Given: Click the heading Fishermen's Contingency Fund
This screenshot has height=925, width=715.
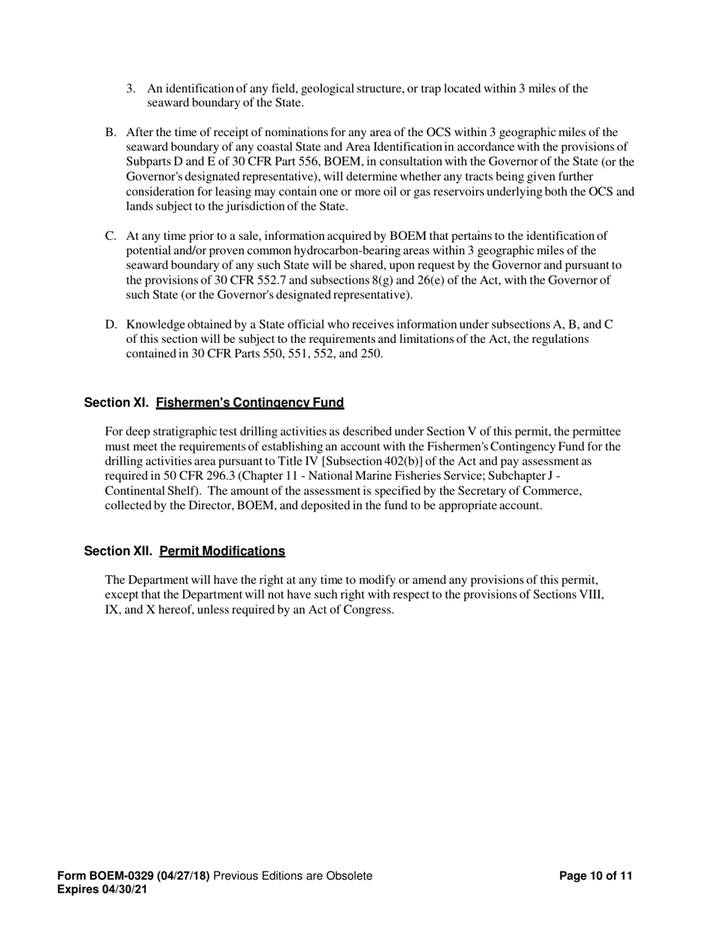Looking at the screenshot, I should coord(250,402).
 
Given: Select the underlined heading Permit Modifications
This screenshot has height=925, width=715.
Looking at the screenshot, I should coord(222,551).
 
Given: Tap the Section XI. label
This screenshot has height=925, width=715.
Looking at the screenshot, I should coord(117,402).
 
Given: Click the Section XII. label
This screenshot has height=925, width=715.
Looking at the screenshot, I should coord(118,551).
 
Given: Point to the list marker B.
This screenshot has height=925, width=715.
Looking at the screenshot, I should coord(110,132).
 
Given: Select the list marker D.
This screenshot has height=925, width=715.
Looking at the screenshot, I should coord(110,325).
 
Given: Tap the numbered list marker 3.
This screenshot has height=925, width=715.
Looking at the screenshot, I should coord(131,89).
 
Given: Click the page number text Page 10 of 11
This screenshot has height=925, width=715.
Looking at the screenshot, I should coord(596,876).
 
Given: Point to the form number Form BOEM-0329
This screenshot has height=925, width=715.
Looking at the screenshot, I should coord(105,876).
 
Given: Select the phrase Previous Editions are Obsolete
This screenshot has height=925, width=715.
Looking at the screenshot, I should coord(293,876).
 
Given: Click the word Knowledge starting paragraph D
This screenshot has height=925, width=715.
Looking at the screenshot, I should coord(154,325).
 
